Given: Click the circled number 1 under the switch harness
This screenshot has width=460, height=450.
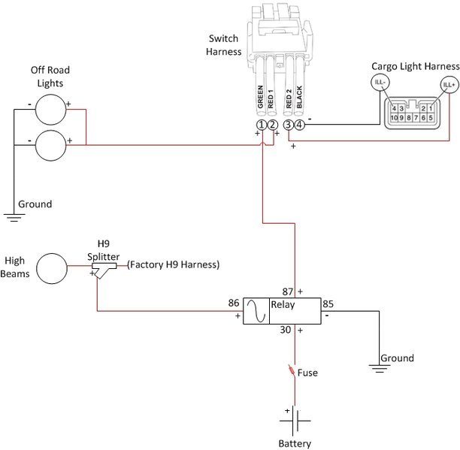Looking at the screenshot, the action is click(261, 125).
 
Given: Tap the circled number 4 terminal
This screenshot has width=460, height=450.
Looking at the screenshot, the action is click(299, 125).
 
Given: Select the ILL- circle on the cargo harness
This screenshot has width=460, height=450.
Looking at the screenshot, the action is click(380, 82).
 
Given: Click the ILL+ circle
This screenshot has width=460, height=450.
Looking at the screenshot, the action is click(449, 85).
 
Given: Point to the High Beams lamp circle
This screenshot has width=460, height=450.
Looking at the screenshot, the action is click(52, 268).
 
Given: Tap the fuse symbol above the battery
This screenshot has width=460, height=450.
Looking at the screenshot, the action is click(292, 370).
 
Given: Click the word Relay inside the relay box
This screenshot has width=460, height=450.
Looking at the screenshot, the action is click(283, 304).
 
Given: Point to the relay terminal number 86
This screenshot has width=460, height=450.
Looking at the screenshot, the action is click(234, 303).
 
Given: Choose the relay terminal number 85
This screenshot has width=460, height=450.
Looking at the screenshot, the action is click(328, 304).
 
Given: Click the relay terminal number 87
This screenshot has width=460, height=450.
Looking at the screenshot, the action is click(287, 291).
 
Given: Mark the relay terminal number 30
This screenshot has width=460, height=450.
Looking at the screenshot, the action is click(285, 330).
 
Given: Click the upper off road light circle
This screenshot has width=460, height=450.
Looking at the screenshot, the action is click(51, 110).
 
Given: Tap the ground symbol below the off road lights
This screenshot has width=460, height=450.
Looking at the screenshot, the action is click(14, 217).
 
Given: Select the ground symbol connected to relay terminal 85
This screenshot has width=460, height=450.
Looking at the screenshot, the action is click(380, 369).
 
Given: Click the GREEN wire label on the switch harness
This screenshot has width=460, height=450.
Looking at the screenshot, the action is click(260, 97).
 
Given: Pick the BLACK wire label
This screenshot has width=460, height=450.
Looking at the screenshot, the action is click(299, 97).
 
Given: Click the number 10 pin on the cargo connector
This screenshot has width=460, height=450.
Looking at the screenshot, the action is click(394, 117).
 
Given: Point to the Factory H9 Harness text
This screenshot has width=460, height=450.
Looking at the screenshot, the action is click(174, 264).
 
